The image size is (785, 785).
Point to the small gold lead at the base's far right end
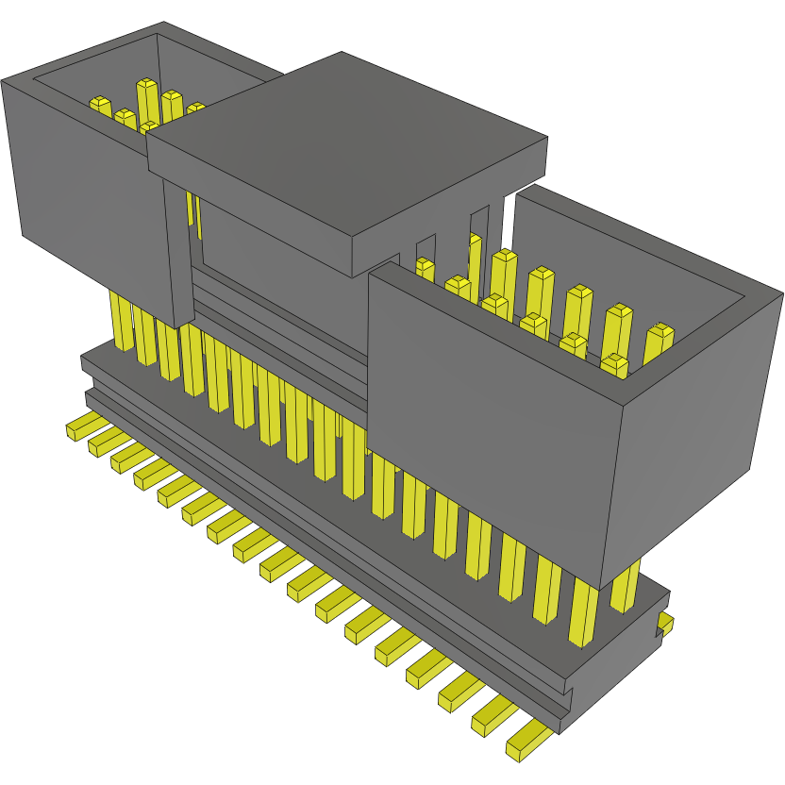click(x=666, y=624)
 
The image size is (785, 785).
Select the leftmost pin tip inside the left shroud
click(x=99, y=103)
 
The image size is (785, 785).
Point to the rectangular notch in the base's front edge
click(x=566, y=698)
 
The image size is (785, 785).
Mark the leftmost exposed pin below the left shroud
click(x=122, y=321)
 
